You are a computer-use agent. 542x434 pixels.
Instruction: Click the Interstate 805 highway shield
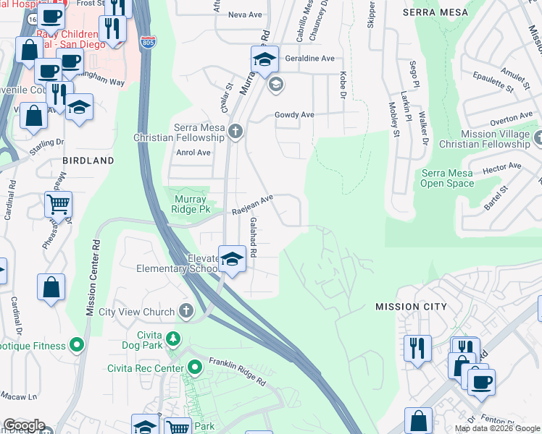(148, 43)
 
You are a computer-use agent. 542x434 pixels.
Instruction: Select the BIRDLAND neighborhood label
(88, 160)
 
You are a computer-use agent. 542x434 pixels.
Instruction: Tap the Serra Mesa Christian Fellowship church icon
(234, 132)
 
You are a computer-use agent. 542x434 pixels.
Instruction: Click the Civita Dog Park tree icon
(172, 338)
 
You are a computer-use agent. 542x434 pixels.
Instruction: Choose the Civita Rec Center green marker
(193, 368)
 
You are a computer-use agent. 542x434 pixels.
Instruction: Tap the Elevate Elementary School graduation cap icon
(231, 259)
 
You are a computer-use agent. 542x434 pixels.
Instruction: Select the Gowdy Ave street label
(293, 115)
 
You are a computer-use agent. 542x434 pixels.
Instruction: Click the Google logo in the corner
(23, 425)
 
